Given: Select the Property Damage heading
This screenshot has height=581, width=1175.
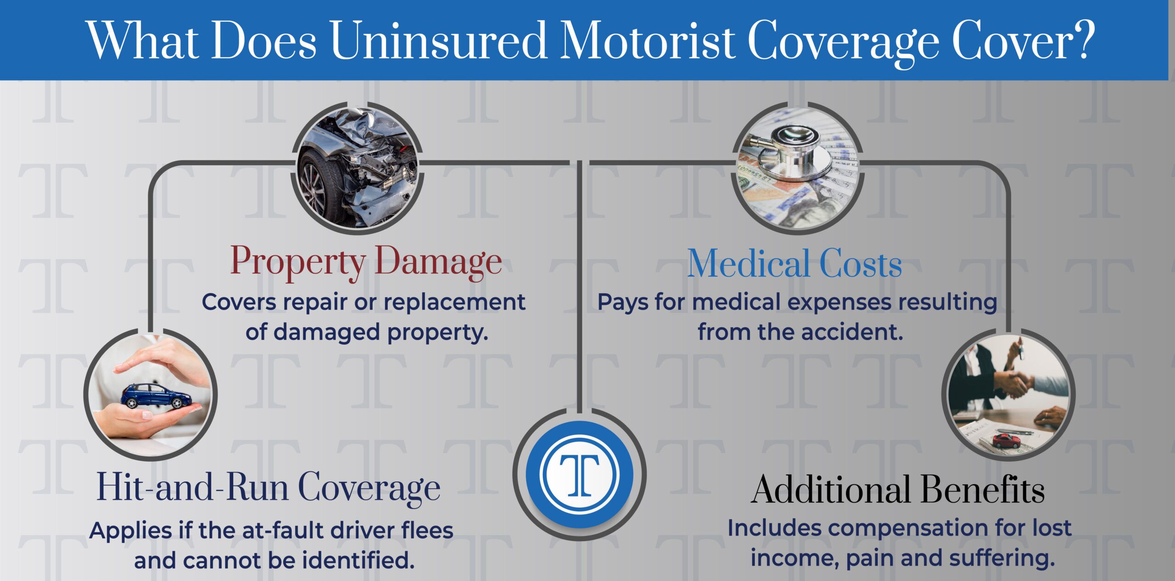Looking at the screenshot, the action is (366, 262).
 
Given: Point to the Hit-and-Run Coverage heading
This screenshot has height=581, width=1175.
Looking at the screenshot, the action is (269, 488).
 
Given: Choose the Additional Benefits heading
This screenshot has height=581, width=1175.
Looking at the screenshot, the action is (898, 490).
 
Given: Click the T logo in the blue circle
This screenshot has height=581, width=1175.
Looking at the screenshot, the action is (579, 474).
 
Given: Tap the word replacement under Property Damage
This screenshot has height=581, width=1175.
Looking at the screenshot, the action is (454, 302).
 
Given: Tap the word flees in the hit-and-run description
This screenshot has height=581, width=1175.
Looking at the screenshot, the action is (427, 530).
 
